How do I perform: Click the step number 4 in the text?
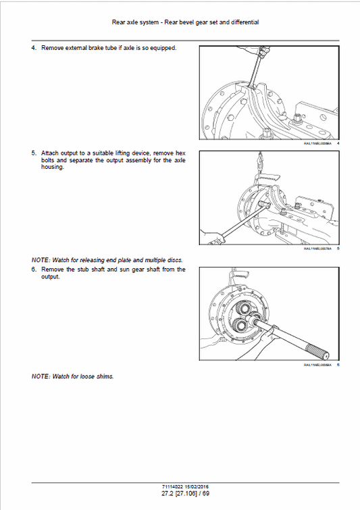(34, 48)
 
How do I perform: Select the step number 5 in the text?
(34, 153)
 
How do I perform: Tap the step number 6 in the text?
(34, 269)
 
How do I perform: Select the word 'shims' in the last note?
(104, 376)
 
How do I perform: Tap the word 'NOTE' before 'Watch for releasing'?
(40, 260)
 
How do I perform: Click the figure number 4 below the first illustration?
(338, 145)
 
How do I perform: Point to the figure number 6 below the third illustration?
(338, 365)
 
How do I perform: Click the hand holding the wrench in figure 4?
(257, 55)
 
